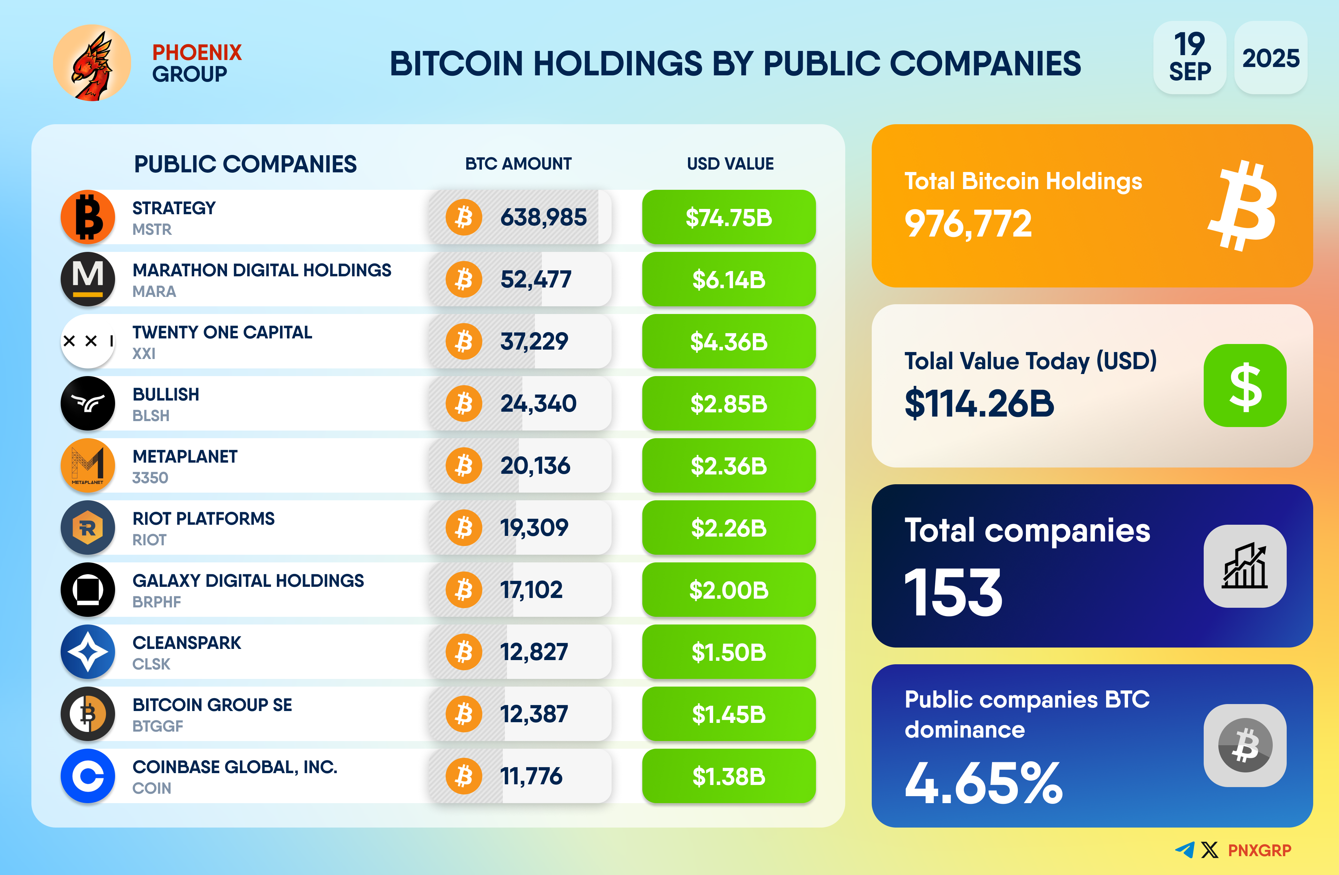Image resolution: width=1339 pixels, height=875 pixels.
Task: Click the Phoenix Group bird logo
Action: pyautogui.click(x=92, y=63)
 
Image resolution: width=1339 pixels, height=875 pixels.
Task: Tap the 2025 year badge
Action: pyautogui.click(x=1270, y=58)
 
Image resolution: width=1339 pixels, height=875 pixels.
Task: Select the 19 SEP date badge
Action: pyautogui.click(x=1189, y=58)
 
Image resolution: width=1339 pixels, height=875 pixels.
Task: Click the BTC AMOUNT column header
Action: pyautogui.click(x=518, y=164)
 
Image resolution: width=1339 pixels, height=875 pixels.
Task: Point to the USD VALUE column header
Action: pyautogui.click(x=730, y=164)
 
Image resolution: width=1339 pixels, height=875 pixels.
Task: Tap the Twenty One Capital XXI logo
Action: pyautogui.click(x=88, y=341)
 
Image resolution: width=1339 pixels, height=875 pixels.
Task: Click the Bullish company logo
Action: pyautogui.click(x=88, y=403)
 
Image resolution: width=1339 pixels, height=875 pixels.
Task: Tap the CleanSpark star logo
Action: pyautogui.click(x=88, y=651)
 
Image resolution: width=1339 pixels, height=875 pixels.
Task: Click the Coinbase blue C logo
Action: pyautogui.click(x=88, y=776)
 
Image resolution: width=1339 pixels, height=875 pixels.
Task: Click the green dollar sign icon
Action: pyautogui.click(x=1245, y=386)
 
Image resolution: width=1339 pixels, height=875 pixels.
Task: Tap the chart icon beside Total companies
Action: pyautogui.click(x=1245, y=566)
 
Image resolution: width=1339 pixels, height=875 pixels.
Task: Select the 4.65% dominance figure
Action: pyautogui.click(x=983, y=783)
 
